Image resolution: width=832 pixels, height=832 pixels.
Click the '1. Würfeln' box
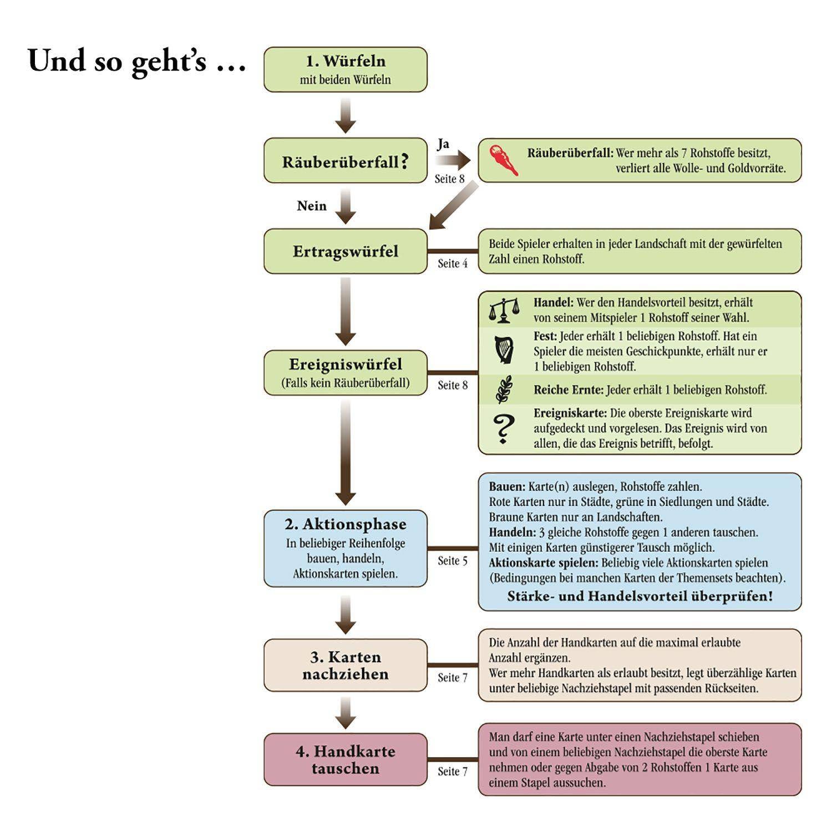(345, 69)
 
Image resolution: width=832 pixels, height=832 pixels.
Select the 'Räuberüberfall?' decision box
(345, 161)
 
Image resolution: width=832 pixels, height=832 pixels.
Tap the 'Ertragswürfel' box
(345, 251)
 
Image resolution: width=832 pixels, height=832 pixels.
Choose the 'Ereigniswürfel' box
(345, 373)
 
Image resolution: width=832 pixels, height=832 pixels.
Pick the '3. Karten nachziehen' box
(345, 665)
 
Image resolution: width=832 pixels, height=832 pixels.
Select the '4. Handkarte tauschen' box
(345, 759)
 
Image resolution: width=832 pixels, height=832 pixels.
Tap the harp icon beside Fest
(504, 350)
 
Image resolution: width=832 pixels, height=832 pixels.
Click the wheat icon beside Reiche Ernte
(504, 389)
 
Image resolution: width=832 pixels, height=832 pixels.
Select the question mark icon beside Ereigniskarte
(504, 428)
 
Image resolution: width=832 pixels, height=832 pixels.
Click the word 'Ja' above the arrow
(443, 144)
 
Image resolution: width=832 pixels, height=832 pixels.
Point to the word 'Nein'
(312, 206)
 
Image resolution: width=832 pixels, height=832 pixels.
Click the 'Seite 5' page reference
(453, 561)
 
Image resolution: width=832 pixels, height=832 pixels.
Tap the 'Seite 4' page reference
(453, 263)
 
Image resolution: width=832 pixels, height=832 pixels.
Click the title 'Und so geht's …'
(136, 60)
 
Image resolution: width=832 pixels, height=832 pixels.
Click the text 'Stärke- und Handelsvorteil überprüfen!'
(640, 596)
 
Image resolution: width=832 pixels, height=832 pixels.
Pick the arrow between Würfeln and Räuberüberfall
(345, 115)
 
